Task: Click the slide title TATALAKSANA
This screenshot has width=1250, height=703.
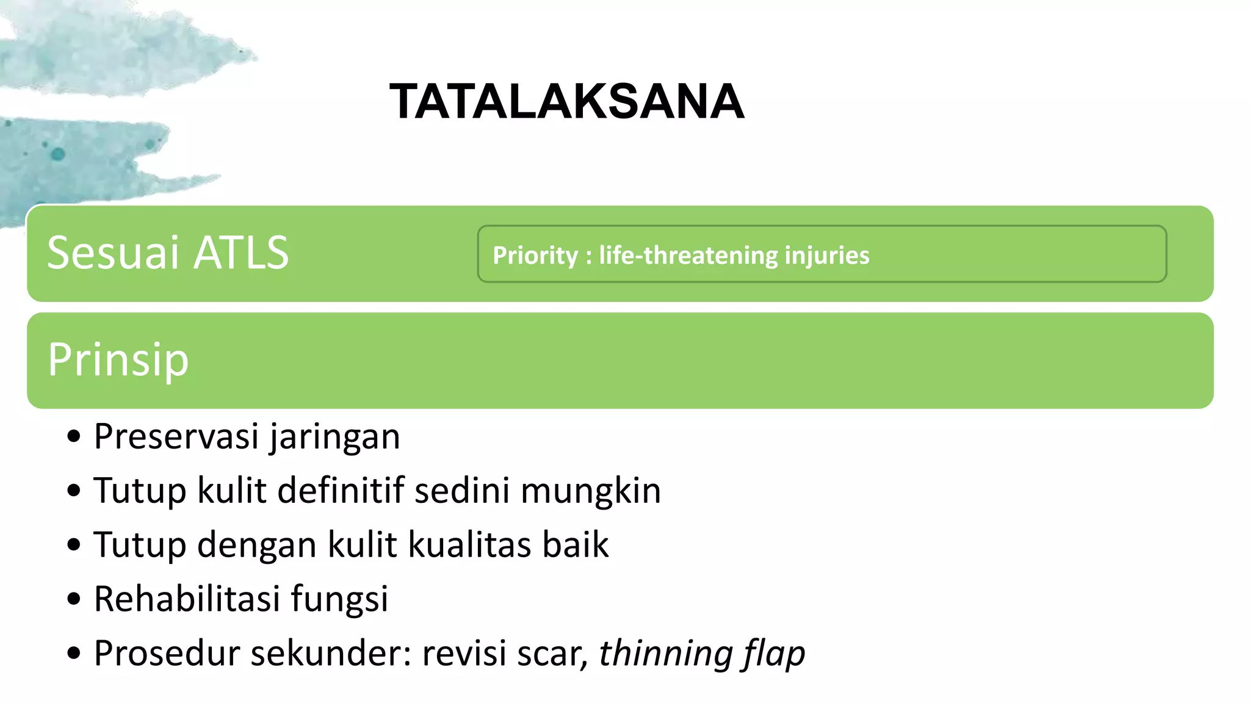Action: click(x=566, y=102)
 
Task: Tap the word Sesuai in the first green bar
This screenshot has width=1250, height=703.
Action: click(x=113, y=253)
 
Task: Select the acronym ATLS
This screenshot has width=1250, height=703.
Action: click(x=240, y=253)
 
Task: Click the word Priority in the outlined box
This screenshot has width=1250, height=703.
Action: click(x=535, y=256)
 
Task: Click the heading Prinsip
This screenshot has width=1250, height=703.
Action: click(x=118, y=360)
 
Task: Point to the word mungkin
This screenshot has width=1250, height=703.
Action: click(x=591, y=491)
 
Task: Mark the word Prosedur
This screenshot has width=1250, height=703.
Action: click(x=167, y=653)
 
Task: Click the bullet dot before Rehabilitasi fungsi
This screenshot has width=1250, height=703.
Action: click(x=74, y=599)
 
